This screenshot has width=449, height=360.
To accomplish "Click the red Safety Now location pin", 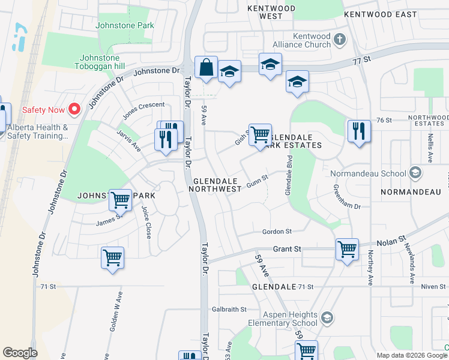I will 74,109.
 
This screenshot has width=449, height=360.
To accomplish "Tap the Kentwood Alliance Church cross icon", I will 340,40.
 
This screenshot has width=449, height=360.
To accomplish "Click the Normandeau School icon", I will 415,173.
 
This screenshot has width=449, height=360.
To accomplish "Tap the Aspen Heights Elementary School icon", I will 327,317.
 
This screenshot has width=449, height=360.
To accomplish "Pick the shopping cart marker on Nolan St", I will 347,248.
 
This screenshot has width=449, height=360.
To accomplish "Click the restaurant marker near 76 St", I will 358,130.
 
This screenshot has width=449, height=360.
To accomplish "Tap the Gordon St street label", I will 277,232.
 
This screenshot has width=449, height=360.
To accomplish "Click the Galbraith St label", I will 229,310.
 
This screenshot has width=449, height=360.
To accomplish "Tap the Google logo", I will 20,353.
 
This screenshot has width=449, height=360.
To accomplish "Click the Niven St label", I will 433,287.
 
